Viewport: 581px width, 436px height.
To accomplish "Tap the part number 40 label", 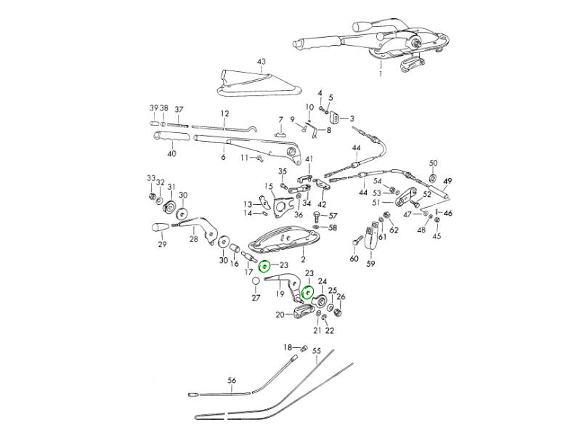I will (x=171, y=153).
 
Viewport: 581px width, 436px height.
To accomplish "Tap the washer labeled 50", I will (x=433, y=177).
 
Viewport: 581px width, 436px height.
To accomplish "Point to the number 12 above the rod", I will (x=225, y=114).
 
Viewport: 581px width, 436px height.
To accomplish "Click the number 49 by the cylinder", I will (x=448, y=181).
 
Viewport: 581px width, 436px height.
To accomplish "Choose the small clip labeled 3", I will (x=337, y=118).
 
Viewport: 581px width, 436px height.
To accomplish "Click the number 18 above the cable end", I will (x=287, y=347).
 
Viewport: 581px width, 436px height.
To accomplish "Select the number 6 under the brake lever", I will (x=223, y=157).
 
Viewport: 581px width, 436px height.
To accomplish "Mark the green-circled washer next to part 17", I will (x=266, y=267).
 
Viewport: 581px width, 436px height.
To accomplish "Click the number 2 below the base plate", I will (x=303, y=259).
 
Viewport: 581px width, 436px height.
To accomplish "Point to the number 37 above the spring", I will (x=179, y=109).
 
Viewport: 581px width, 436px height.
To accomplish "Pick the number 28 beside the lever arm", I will (x=193, y=238).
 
